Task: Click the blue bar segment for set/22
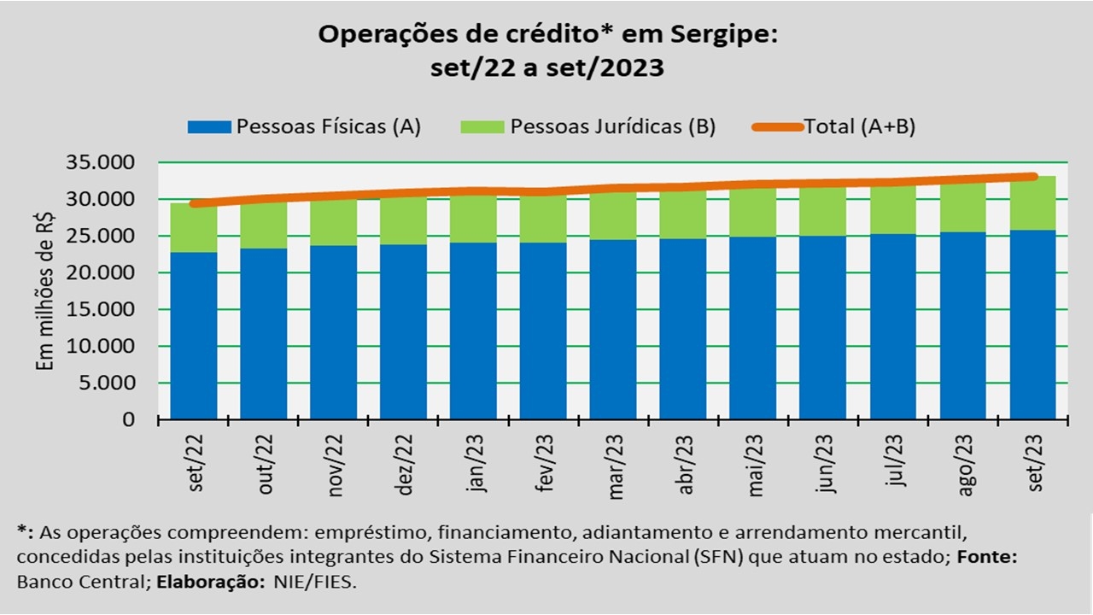click(194, 335)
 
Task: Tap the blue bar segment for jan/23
click(473, 331)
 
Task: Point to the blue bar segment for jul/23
click(893, 326)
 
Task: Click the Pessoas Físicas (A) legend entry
click(305, 126)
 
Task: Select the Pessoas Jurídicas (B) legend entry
click(588, 126)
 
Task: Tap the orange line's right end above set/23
click(1032, 177)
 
